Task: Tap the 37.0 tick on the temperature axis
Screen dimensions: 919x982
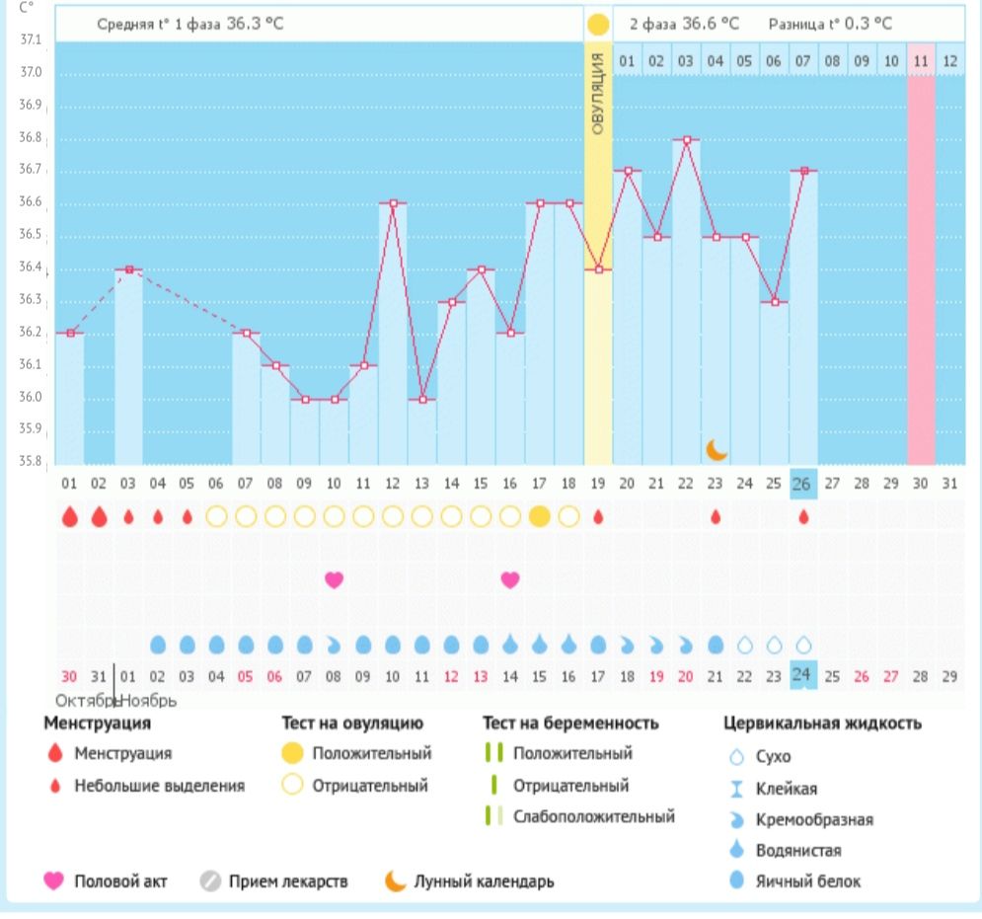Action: [30, 73]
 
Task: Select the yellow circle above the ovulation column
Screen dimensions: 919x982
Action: [598, 24]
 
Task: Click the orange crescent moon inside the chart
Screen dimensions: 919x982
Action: [717, 449]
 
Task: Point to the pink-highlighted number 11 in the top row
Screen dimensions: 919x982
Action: [921, 61]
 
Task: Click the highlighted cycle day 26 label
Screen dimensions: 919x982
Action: [804, 484]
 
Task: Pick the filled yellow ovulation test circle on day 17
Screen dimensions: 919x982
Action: [539, 516]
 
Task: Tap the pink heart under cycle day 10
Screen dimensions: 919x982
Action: [335, 579]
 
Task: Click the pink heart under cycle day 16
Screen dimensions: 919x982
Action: [510, 579]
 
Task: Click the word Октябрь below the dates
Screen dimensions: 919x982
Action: [83, 700]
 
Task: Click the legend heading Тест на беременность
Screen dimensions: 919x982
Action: [570, 724]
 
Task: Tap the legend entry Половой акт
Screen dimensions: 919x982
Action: [120, 881]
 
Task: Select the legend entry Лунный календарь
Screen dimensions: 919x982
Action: [484, 881]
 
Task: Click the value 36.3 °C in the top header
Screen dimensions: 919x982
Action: [255, 23]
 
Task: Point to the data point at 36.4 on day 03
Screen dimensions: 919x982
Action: [127, 268]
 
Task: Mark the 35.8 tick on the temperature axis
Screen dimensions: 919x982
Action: [30, 461]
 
